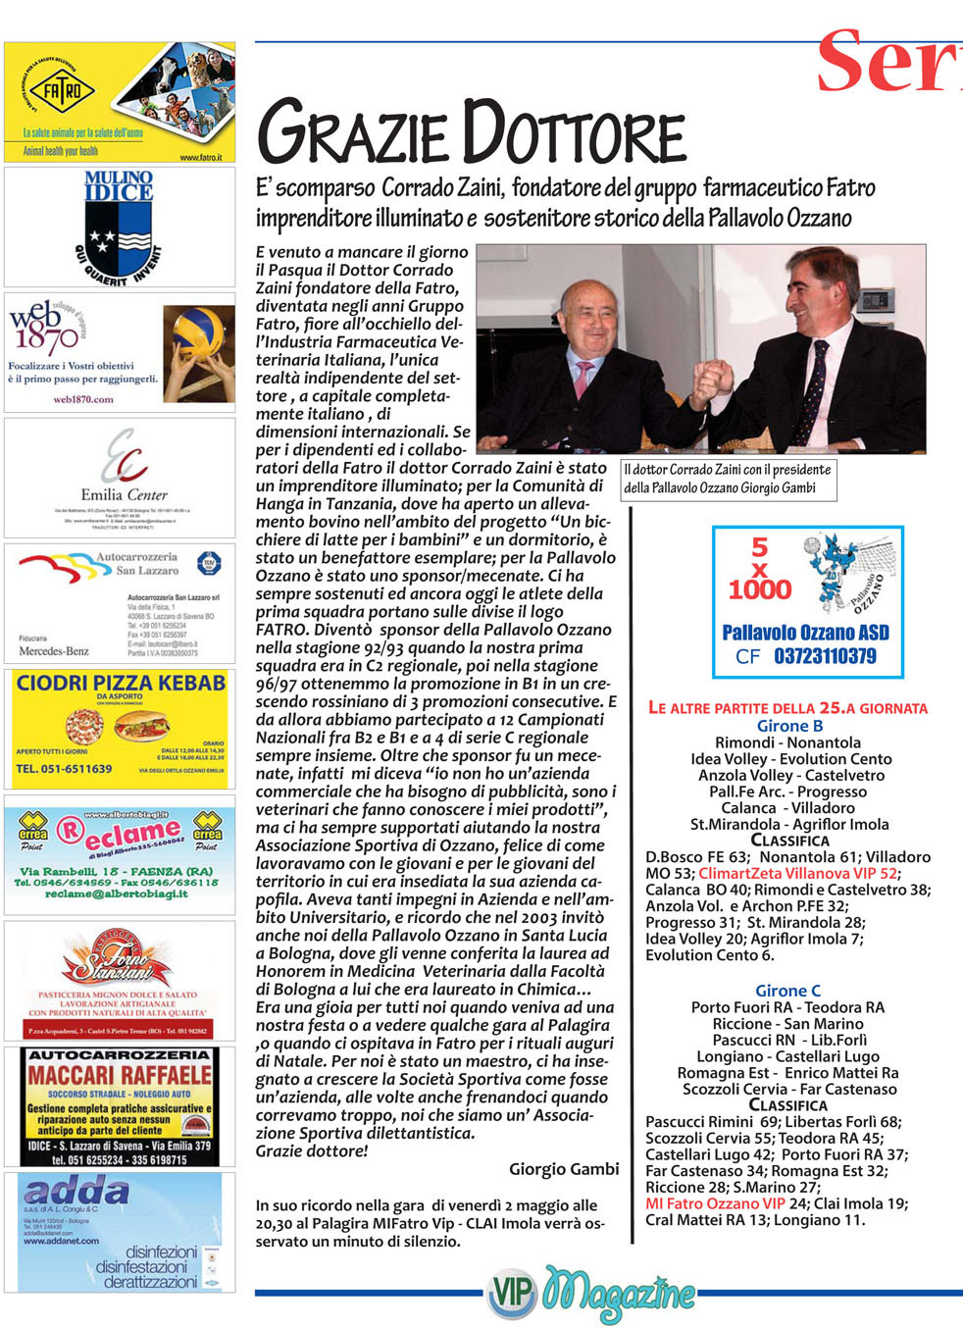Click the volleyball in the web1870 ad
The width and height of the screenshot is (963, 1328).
tap(200, 335)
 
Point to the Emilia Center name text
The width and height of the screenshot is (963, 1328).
tap(124, 494)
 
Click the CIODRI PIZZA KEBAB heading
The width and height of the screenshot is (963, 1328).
tap(121, 683)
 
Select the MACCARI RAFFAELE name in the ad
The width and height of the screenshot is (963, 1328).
tap(120, 1074)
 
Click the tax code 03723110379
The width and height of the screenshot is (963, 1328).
tap(825, 656)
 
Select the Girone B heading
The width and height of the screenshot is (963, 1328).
tap(789, 726)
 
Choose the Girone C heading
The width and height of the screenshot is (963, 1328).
tap(787, 991)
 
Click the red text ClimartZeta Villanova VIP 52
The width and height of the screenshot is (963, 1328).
tap(797, 873)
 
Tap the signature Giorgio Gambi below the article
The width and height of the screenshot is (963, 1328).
tap(564, 1168)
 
